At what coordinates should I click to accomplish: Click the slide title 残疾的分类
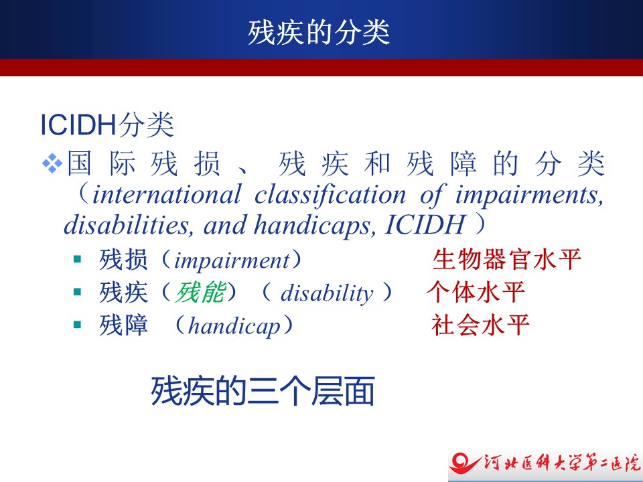point(319,32)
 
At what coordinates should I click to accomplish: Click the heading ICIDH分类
point(107,125)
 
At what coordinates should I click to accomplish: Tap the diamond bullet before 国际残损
point(52,163)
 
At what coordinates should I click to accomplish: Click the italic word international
point(167,194)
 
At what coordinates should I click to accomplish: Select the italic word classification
point(330,194)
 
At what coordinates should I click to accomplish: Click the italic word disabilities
point(129,225)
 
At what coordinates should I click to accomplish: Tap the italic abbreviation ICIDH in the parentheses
point(425,225)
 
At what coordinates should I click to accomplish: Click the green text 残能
point(200,293)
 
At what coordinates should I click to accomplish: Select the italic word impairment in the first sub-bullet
point(232,260)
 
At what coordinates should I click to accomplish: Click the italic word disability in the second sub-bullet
point(327,293)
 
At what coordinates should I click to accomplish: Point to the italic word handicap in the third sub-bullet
point(234,326)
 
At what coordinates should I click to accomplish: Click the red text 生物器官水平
point(507,260)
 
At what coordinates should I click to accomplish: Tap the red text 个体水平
point(476,293)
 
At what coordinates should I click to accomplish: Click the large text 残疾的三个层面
point(263,391)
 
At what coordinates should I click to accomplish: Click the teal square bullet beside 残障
point(77,325)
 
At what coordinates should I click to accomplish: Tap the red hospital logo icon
point(465,464)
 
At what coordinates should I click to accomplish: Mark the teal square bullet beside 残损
point(77,259)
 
